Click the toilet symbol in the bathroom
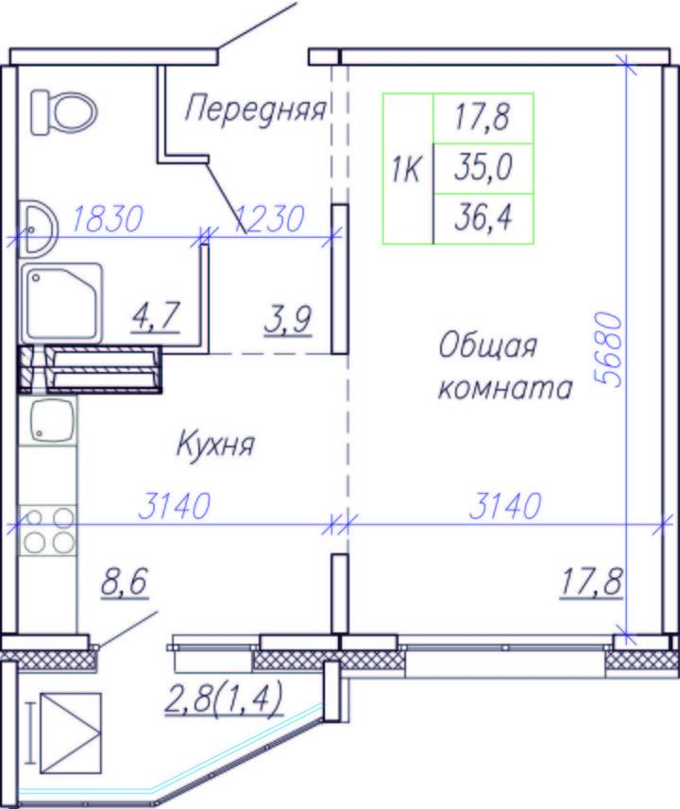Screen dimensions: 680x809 pyautogui.click(x=64, y=112)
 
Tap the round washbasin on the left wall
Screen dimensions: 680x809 pyautogui.click(x=38, y=228)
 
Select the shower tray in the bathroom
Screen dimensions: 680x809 pyautogui.click(x=61, y=304)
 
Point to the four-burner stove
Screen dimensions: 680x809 pyautogui.click(x=48, y=531)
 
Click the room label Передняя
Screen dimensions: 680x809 pyautogui.click(x=256, y=110)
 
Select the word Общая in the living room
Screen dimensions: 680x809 pyautogui.click(x=488, y=346)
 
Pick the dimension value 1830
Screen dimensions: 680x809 pyautogui.click(x=107, y=219)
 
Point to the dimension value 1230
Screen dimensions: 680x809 pyautogui.click(x=269, y=219)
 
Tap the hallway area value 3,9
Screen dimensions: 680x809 pyautogui.click(x=288, y=320)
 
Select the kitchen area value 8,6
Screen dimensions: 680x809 pyautogui.click(x=125, y=582)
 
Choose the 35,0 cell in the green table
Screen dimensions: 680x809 pyautogui.click(x=484, y=168)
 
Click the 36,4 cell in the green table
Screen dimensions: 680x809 pyautogui.click(x=484, y=218)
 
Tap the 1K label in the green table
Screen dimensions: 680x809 pyautogui.click(x=406, y=169)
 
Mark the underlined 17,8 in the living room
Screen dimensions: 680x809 pyautogui.click(x=592, y=582)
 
